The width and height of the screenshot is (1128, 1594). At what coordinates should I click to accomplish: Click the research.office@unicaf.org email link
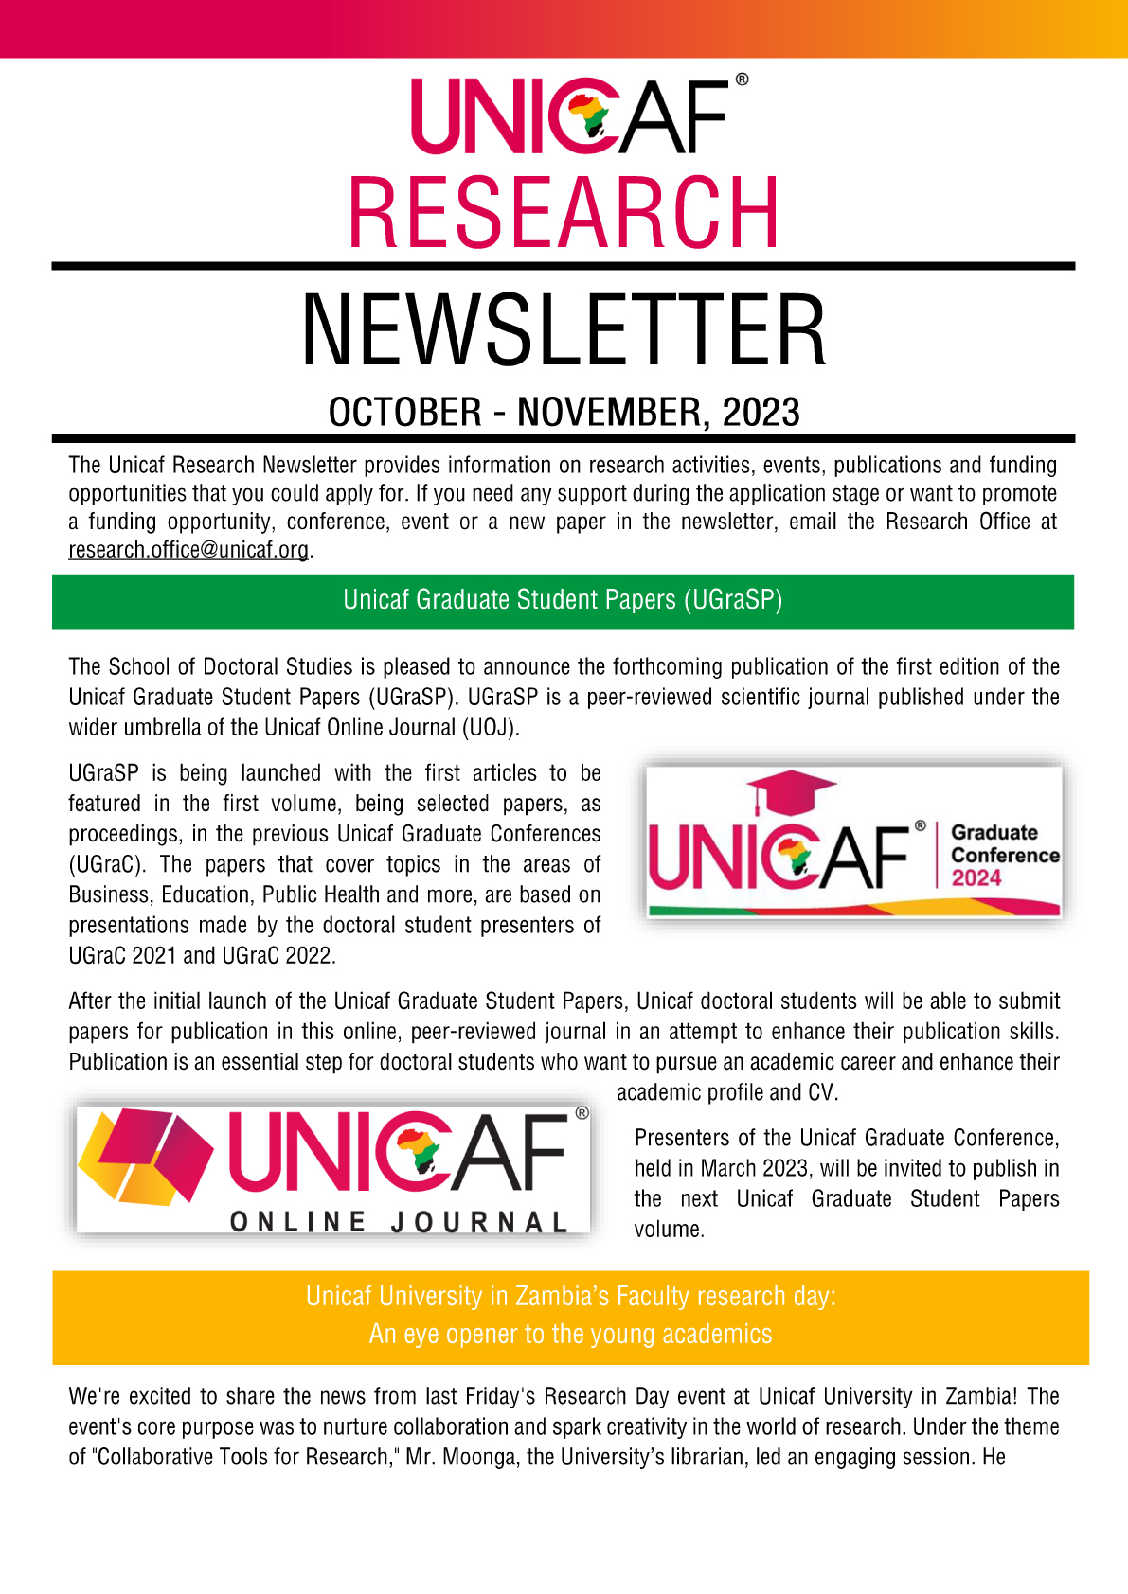(188, 550)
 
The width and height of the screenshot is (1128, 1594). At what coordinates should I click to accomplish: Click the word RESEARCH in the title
(564, 214)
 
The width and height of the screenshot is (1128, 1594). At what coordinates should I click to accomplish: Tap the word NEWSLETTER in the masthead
(564, 330)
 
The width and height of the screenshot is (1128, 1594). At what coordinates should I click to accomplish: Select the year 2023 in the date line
(761, 413)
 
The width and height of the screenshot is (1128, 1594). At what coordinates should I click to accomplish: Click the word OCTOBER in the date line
(405, 413)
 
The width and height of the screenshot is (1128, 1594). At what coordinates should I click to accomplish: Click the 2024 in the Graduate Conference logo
(976, 878)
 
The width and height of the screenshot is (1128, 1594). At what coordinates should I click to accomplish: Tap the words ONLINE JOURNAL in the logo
(399, 1222)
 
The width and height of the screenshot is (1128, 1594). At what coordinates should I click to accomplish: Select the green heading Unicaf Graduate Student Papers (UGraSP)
(563, 600)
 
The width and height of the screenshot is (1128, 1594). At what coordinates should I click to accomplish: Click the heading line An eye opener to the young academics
(570, 1335)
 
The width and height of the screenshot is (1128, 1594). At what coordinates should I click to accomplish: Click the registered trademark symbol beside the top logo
(742, 80)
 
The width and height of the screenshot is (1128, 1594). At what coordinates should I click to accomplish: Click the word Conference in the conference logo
(1005, 856)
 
